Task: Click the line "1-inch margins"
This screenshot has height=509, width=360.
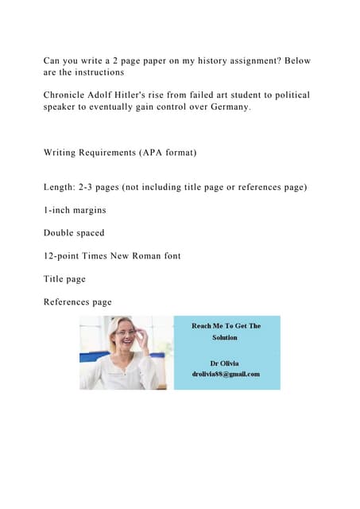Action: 75,210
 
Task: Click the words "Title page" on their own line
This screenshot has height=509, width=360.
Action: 64,279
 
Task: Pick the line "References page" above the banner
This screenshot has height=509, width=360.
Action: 78,302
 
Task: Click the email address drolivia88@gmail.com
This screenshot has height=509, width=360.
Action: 226,374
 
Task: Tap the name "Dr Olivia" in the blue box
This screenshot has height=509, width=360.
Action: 226,362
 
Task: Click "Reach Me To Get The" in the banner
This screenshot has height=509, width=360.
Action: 226,326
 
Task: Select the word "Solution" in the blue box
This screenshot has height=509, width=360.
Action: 225,337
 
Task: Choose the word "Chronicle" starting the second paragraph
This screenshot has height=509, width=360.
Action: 68,95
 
